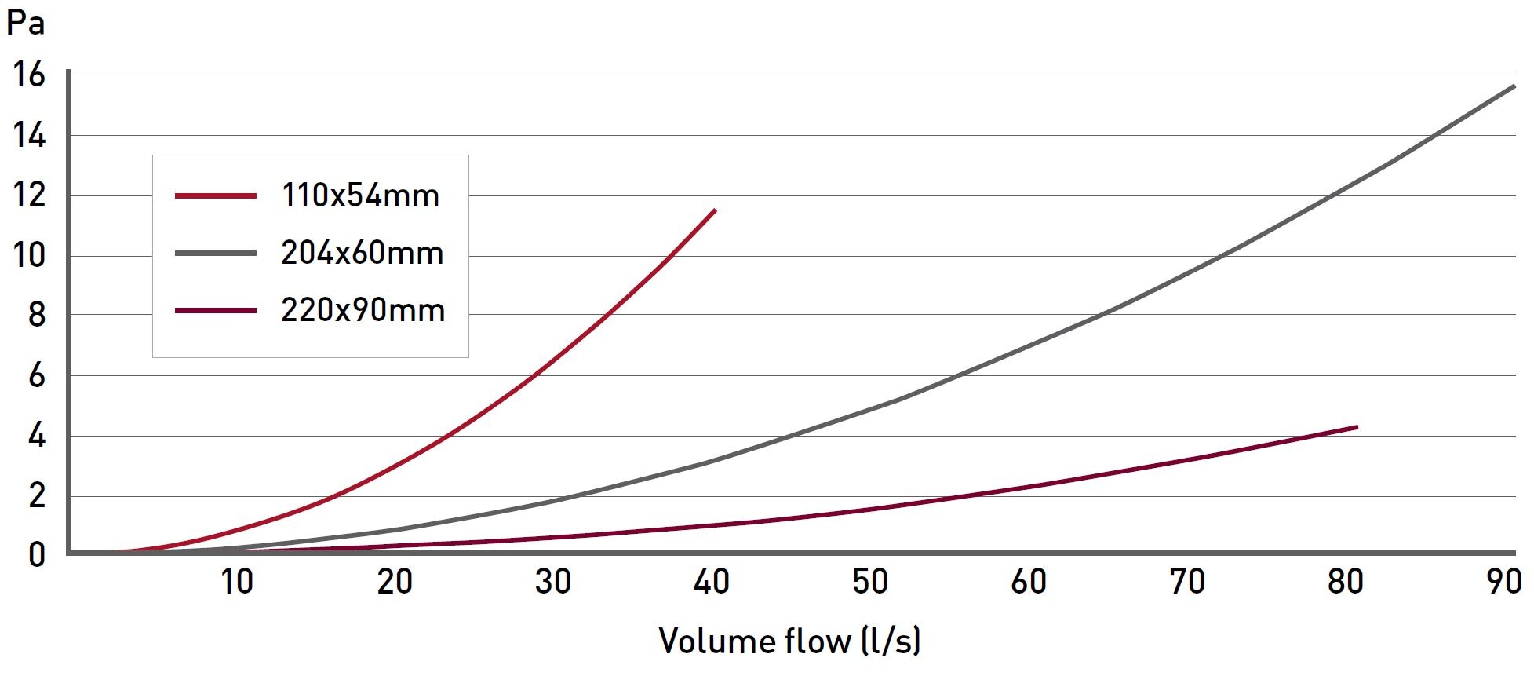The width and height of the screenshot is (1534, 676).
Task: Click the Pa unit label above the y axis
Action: click(x=25, y=24)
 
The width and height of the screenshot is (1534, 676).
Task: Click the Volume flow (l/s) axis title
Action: click(x=789, y=641)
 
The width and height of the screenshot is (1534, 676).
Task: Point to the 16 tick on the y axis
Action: click(x=28, y=75)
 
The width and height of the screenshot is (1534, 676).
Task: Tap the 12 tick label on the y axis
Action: click(x=28, y=195)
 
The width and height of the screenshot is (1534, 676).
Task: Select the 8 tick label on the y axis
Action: click(x=36, y=316)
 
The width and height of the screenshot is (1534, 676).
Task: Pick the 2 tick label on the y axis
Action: click(x=36, y=496)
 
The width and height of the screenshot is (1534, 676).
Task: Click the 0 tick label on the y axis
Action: click(x=36, y=555)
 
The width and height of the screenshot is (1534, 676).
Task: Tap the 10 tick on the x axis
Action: click(x=236, y=582)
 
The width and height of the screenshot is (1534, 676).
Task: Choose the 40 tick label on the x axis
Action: click(x=712, y=582)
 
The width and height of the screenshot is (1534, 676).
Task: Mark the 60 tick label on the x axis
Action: click(x=1029, y=582)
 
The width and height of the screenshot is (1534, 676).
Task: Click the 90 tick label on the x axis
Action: click(x=1503, y=582)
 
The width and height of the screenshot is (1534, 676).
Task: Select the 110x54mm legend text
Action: click(x=360, y=195)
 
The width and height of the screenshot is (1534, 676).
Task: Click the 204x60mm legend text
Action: click(x=363, y=253)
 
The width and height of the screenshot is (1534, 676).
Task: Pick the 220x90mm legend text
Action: click(x=363, y=311)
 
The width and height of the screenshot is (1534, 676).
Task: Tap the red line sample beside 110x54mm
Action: click(x=216, y=195)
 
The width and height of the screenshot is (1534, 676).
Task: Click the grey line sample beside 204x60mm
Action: click(x=216, y=253)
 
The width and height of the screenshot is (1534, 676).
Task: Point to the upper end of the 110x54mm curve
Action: click(x=715, y=210)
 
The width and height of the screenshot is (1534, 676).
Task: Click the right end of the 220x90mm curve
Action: click(x=1357, y=427)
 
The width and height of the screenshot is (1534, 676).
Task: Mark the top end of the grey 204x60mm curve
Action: click(x=1514, y=86)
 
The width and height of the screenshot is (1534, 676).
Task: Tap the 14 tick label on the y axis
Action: click(x=28, y=136)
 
